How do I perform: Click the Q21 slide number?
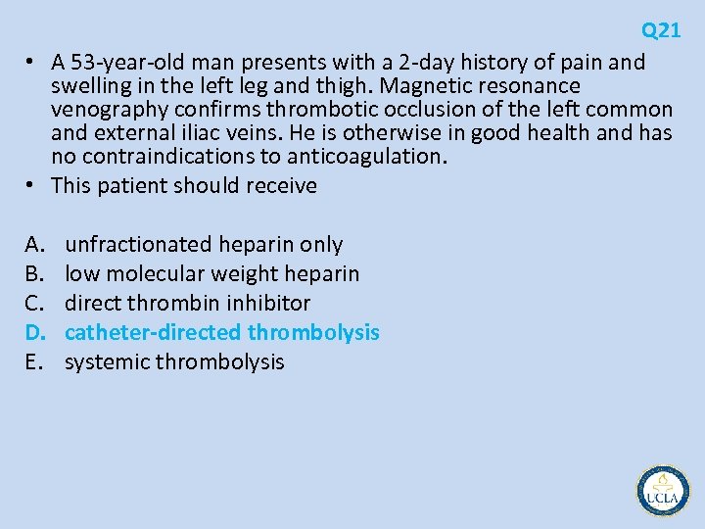(661, 30)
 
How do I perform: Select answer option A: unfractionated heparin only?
(204, 245)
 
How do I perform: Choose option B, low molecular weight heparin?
(211, 274)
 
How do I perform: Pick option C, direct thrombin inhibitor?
(187, 304)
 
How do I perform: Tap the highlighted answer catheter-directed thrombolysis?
(221, 333)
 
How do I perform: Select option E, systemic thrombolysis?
(174, 362)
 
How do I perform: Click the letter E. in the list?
(34, 362)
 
